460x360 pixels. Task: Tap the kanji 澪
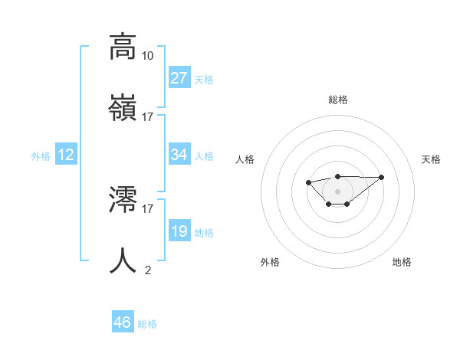[123, 199]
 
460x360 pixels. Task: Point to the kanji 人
[123, 260]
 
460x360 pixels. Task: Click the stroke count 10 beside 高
[148, 56]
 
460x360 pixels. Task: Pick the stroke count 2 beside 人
[148, 270]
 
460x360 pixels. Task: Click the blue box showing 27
[179, 78]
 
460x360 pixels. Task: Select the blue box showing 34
[179, 155]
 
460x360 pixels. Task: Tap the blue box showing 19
[179, 231]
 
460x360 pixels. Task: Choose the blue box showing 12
[66, 155]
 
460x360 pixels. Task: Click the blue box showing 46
[123, 322]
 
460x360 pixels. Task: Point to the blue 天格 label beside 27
[204, 80]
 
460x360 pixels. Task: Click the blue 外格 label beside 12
[41, 156]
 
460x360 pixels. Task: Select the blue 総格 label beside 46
[147, 324]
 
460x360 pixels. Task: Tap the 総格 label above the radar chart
[338, 100]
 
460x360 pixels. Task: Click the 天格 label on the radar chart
[432, 159]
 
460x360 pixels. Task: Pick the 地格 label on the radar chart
[402, 262]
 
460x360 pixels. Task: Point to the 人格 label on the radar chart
[245, 159]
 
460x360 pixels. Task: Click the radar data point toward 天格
[382, 177]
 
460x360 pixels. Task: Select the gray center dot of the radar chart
[338, 191]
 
